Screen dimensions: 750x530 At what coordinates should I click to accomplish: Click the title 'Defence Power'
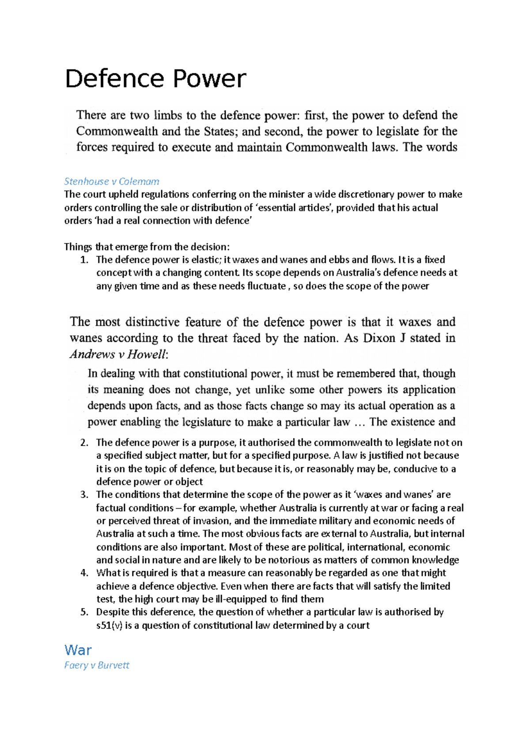pyautogui.click(x=155, y=79)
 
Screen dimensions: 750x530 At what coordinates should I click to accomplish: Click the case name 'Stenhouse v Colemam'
pyautogui.click(x=111, y=181)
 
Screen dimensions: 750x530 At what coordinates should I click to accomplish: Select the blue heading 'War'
pyautogui.click(x=78, y=650)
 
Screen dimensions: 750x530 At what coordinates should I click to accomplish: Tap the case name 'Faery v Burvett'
pyautogui.click(x=96, y=665)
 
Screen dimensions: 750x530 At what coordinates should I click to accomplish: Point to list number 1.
pyautogui.click(x=85, y=260)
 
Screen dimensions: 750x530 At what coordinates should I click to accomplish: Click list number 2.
pyautogui.click(x=85, y=443)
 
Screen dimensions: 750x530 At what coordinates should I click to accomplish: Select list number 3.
pyautogui.click(x=85, y=495)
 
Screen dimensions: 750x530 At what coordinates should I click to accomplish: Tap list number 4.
pyautogui.click(x=85, y=573)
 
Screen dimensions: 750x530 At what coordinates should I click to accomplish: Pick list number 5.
pyautogui.click(x=85, y=612)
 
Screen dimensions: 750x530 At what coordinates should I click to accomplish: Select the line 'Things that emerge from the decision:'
pyautogui.click(x=147, y=246)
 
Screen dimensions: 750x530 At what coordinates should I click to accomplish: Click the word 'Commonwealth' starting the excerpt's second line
pyautogui.click(x=117, y=131)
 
